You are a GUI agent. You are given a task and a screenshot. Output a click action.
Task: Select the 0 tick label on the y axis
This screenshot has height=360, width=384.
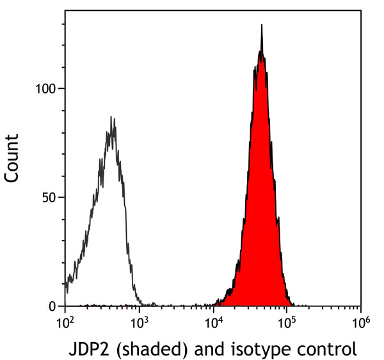click(x=52, y=306)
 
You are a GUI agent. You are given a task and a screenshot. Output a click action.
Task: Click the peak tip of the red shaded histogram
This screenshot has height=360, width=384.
click(x=262, y=26)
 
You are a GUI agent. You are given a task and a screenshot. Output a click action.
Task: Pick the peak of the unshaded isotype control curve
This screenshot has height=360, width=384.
click(x=111, y=117)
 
